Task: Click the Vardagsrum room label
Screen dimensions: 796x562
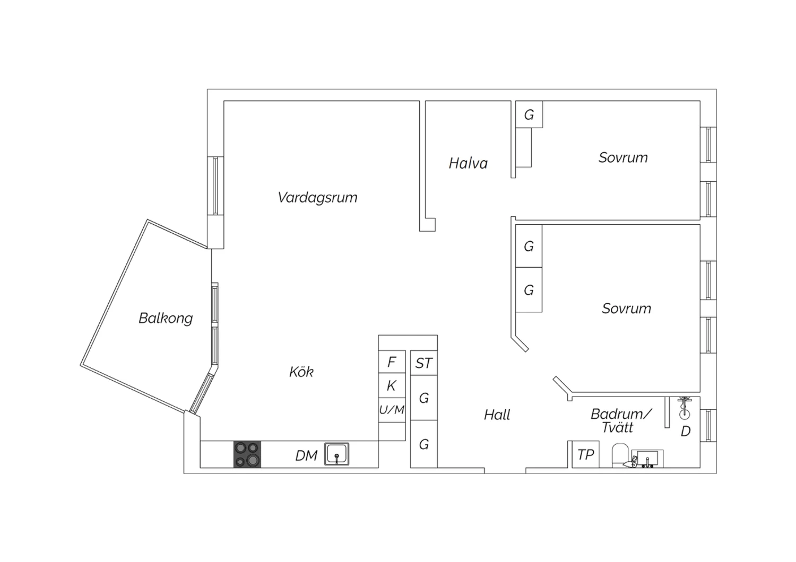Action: (317, 198)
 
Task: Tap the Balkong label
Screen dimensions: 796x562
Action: (166, 319)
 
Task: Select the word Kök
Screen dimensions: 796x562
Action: (301, 372)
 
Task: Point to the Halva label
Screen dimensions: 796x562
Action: (468, 163)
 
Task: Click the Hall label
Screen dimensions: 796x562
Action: (497, 415)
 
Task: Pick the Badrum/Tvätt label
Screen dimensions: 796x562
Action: (621, 420)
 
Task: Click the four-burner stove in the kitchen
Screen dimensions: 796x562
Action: (247, 454)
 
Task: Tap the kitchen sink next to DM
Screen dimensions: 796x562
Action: (336, 454)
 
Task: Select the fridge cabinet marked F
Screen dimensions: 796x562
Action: (392, 362)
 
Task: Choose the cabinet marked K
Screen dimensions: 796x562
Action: (392, 385)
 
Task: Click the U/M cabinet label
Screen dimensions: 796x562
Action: (392, 410)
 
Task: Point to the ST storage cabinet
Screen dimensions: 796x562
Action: (423, 363)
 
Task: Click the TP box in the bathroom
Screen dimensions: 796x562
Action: (586, 454)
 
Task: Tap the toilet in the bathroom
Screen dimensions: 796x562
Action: (620, 455)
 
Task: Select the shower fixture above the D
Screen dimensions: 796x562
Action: (685, 408)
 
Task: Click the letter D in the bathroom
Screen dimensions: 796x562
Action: (686, 432)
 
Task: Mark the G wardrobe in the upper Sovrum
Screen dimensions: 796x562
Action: (529, 115)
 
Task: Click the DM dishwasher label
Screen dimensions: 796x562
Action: (306, 455)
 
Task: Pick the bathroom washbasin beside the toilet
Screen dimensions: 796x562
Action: (647, 459)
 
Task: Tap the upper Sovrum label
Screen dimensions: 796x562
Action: (623, 157)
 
